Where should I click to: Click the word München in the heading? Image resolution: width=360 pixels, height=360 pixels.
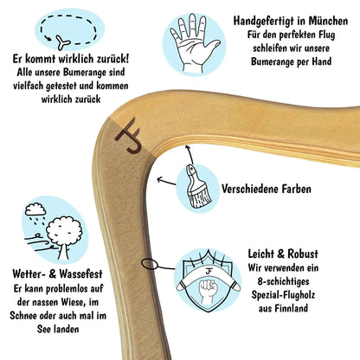point(328,21)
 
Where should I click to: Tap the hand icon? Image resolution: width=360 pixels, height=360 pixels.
point(193,43)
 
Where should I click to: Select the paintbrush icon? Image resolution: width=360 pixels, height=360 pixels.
point(198,186)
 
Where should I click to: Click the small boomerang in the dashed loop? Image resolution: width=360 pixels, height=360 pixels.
point(62,42)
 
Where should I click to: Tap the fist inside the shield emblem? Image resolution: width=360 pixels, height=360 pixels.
point(208,289)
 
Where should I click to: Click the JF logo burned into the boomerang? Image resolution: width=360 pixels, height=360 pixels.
point(129,135)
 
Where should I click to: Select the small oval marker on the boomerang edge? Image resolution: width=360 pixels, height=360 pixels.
point(150,264)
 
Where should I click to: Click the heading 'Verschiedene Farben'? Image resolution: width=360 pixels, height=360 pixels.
point(267,189)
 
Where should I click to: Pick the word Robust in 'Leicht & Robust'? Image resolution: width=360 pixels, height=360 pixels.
point(302,254)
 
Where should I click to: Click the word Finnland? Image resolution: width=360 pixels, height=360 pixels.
point(291,308)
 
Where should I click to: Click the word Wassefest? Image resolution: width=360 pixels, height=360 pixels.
point(80,273)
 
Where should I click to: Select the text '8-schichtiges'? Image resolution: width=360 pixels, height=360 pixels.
point(283,281)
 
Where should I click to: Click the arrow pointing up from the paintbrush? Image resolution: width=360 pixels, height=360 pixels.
point(190,154)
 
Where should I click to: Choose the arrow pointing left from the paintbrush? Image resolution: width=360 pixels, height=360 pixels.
point(166,181)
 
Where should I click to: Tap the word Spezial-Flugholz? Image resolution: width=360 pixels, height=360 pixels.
point(283,295)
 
